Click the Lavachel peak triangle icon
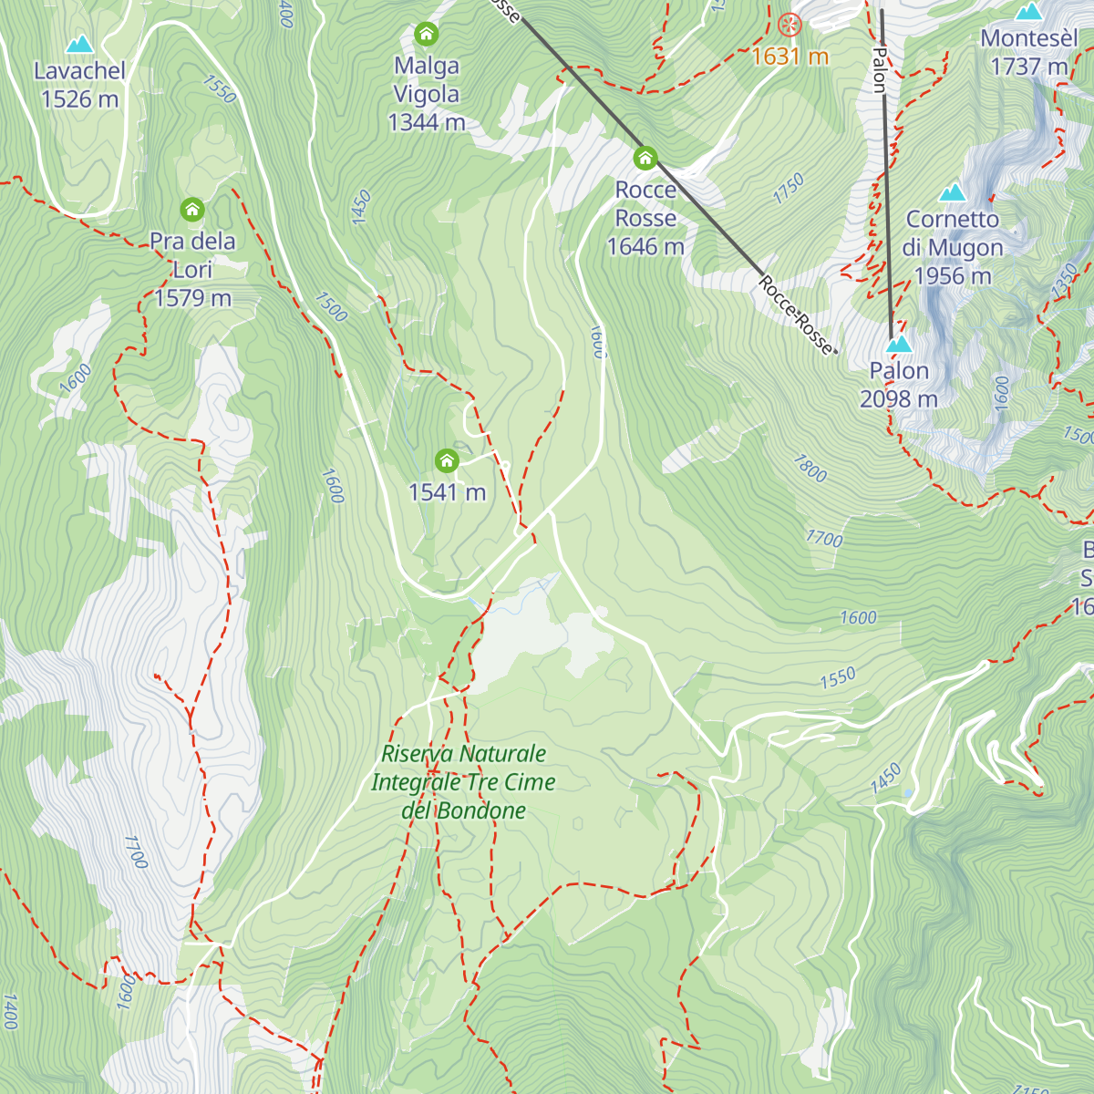(x=79, y=44)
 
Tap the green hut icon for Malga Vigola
(x=426, y=35)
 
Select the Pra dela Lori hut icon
(x=191, y=210)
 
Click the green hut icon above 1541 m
(x=447, y=460)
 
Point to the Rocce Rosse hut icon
(x=645, y=158)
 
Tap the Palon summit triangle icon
(x=899, y=344)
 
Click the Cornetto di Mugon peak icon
(x=953, y=191)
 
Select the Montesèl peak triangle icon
(x=1029, y=12)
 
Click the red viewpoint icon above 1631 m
(x=790, y=25)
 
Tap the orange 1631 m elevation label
(x=790, y=57)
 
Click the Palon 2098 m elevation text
(x=899, y=399)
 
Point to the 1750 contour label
(x=789, y=189)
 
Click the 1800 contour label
(x=810, y=468)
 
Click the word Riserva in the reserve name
(x=412, y=754)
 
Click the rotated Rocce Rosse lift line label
(x=795, y=315)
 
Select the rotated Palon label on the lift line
(x=879, y=69)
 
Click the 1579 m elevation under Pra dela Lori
(x=192, y=298)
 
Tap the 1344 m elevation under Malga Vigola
(x=426, y=122)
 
